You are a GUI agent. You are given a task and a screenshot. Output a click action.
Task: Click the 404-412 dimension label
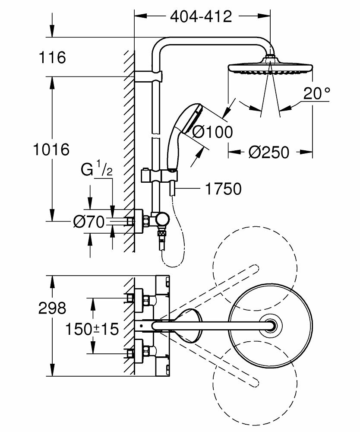[201, 17]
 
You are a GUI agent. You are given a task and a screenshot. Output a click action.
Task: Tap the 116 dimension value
[51, 57]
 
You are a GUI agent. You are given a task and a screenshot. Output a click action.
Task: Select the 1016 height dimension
[51, 150]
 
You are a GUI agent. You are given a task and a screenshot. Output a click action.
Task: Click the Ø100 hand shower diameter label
[212, 131]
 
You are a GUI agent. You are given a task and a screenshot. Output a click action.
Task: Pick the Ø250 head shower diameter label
[268, 152]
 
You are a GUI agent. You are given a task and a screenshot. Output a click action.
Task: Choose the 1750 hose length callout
[224, 189]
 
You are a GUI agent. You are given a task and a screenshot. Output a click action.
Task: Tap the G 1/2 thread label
[97, 169]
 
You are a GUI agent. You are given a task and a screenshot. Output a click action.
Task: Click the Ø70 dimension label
[89, 222]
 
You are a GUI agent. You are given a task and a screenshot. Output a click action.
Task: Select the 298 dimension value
[51, 308]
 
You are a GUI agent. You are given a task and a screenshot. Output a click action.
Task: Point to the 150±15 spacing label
[92, 330]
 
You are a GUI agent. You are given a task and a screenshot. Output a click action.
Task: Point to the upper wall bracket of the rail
[149, 77]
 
